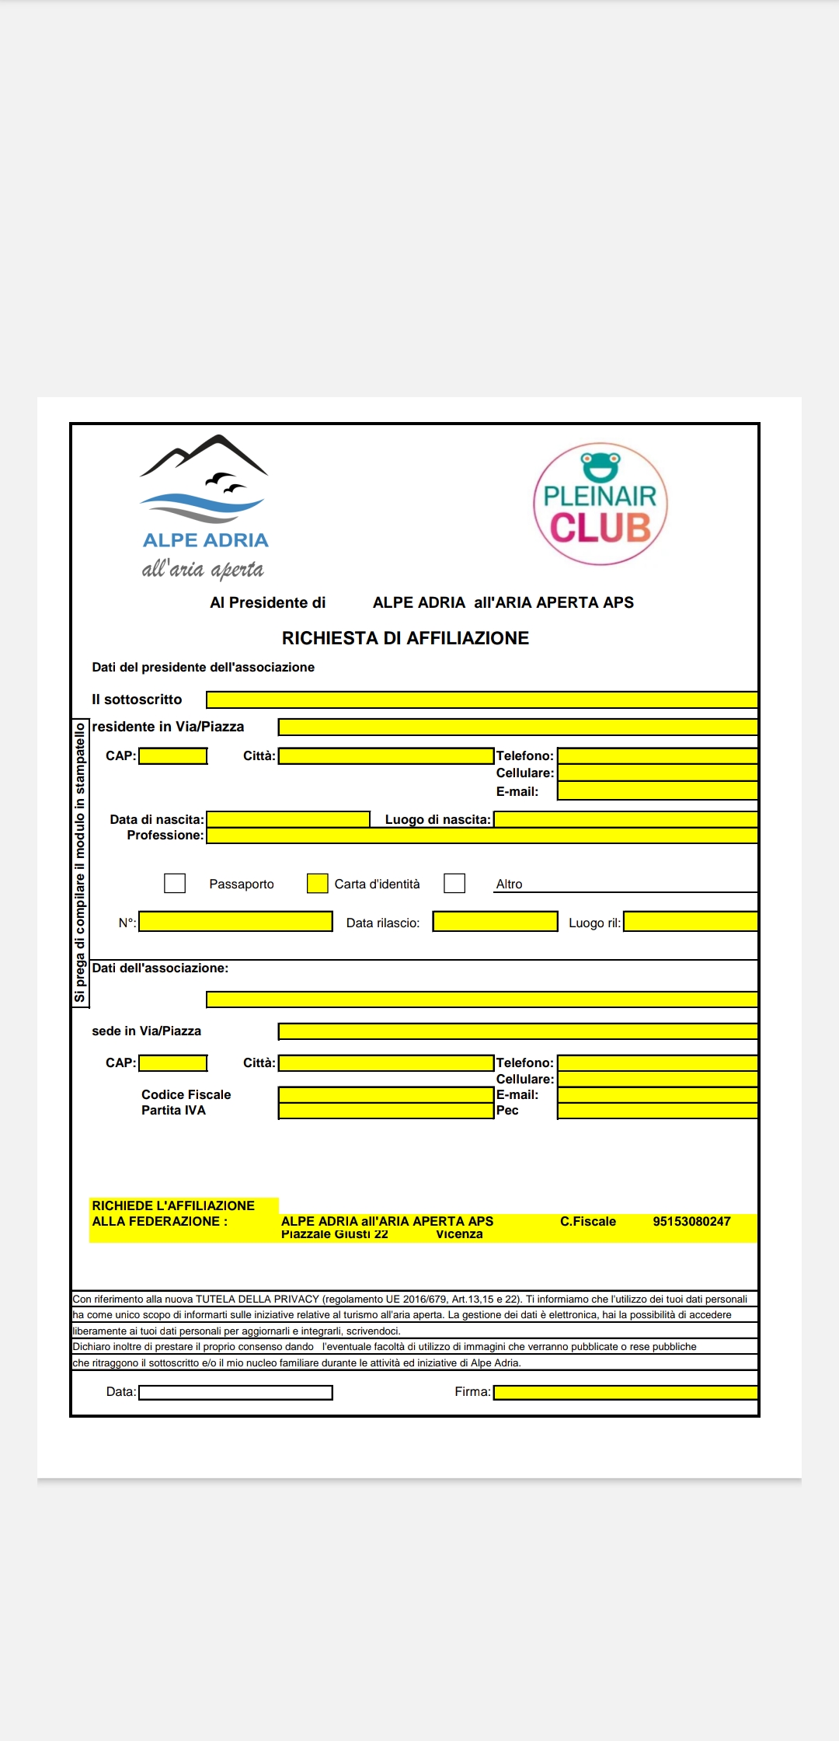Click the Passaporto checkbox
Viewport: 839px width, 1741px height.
coord(175,883)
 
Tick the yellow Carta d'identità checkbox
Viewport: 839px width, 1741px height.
coord(317,883)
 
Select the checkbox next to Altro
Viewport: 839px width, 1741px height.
coord(454,883)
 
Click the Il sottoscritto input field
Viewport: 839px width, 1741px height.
coord(482,700)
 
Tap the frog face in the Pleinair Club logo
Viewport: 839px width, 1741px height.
coord(601,466)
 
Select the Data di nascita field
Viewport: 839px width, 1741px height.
coord(288,819)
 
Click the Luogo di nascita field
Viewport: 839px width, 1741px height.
coord(625,819)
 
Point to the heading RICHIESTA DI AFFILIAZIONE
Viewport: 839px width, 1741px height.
coord(405,638)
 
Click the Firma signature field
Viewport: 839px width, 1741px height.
coord(625,1392)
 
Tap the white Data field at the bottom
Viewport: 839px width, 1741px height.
coord(235,1392)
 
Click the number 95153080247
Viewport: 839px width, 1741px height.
coord(691,1221)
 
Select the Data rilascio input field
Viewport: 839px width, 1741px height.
coord(495,922)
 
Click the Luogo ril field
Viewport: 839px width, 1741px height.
coord(691,922)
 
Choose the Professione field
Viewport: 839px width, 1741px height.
coord(482,836)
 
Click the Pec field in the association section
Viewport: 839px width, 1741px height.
coord(657,1111)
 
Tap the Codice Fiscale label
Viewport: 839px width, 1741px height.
coord(186,1094)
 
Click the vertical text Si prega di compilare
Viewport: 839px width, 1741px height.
coord(80,863)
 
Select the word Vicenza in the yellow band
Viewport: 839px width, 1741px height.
coord(459,1234)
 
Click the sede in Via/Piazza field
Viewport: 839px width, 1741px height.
coord(517,1031)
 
